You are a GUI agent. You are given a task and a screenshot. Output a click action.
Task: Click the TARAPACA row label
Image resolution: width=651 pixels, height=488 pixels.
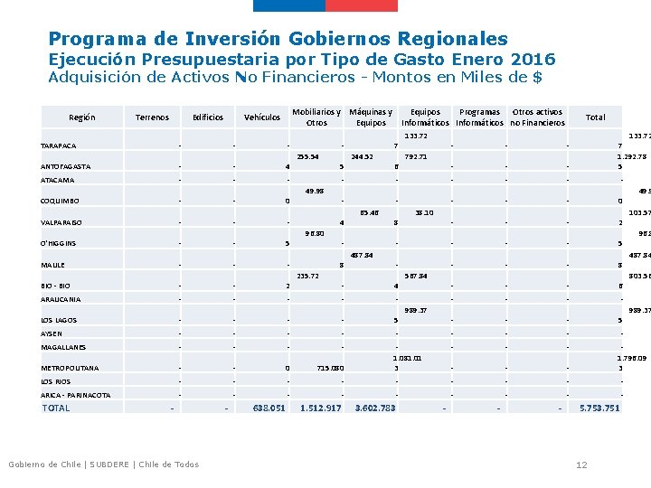[x=59, y=146]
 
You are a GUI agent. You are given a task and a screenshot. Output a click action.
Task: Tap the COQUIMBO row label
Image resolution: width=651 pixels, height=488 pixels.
[x=61, y=201]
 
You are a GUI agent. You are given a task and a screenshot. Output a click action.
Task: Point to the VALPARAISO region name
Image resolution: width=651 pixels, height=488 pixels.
[x=62, y=222]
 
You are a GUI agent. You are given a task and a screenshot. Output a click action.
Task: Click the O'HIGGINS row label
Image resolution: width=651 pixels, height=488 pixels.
[x=60, y=243]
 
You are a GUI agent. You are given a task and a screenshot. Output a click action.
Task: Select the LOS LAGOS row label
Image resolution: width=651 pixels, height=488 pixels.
[x=59, y=320]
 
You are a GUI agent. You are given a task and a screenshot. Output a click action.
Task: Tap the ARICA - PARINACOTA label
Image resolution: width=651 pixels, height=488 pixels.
[x=76, y=395]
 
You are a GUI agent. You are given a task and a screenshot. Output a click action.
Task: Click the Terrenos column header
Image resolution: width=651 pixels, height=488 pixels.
[x=152, y=117]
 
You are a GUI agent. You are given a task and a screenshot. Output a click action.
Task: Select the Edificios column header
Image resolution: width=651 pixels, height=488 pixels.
[x=208, y=117]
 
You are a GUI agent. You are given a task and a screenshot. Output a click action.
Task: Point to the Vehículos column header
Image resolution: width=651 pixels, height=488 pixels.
[x=262, y=117]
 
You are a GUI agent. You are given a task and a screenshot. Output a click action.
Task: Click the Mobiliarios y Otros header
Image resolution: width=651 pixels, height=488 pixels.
[x=316, y=117]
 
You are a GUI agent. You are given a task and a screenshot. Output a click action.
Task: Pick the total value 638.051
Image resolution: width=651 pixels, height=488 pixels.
[x=269, y=408]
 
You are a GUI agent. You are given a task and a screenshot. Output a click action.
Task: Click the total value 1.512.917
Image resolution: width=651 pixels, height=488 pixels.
[x=320, y=408]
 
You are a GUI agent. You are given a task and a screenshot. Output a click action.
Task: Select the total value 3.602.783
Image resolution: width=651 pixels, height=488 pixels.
[x=374, y=408]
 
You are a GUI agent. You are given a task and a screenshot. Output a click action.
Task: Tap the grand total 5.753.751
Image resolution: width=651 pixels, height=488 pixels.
[x=599, y=408]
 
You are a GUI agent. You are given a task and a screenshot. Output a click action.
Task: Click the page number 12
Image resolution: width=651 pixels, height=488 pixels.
[x=581, y=465]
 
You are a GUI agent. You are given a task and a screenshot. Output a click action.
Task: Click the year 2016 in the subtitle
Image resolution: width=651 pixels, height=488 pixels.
[x=533, y=60]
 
